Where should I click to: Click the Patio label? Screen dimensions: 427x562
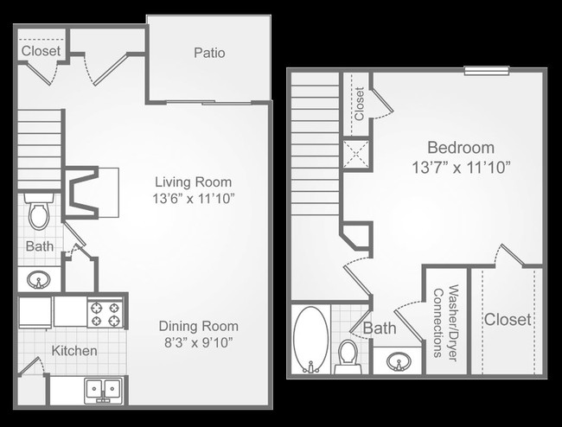208,53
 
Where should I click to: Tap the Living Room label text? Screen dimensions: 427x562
194,182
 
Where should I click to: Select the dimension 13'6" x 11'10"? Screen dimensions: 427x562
194,199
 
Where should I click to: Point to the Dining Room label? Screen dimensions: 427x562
198,326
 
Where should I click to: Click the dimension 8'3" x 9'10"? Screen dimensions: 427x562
198,342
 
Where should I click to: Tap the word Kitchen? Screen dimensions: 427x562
74,351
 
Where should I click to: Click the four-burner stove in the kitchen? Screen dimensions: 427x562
107,313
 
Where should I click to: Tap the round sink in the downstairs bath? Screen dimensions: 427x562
40,279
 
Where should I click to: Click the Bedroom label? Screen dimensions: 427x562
461,147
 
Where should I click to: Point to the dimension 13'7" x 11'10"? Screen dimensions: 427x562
461,166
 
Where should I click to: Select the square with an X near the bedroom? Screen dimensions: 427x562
357,153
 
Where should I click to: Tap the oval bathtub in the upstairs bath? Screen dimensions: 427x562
310,340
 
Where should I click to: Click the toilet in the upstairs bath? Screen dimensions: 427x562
348,355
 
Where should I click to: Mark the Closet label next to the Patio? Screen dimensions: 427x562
41,51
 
